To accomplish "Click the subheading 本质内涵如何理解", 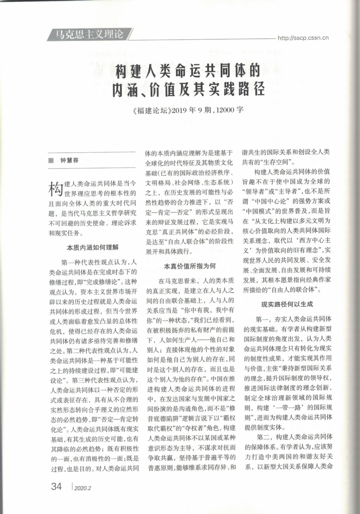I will tap(93, 247).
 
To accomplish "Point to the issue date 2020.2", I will tap(82, 488).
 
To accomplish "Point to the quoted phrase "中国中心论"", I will tap(278, 200).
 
